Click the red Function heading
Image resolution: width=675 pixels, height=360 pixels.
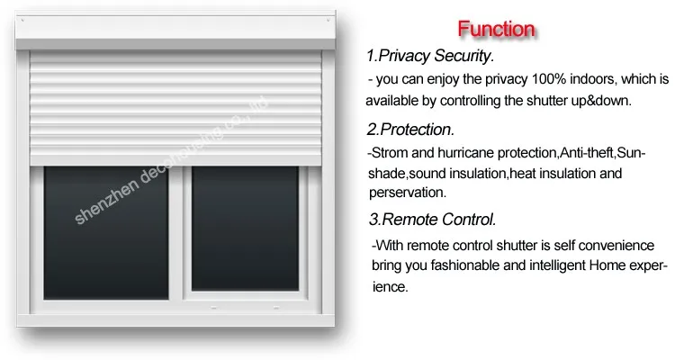click(496, 29)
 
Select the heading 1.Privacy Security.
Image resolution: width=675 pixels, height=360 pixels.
click(430, 56)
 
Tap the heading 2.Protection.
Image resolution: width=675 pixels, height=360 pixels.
click(410, 130)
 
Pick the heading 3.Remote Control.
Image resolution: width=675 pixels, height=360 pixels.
click(433, 220)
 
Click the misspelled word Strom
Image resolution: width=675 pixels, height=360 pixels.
click(390, 153)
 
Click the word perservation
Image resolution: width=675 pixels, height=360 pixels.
click(407, 193)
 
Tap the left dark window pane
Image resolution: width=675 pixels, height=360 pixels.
click(106, 232)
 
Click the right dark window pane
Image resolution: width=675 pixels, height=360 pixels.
click(245, 229)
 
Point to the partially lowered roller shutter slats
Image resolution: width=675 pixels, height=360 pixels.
click(175, 108)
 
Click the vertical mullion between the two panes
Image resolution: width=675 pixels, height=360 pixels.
click(176, 233)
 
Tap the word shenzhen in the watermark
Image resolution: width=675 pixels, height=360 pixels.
click(107, 202)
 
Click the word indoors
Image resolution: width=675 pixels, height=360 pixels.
click(593, 79)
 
